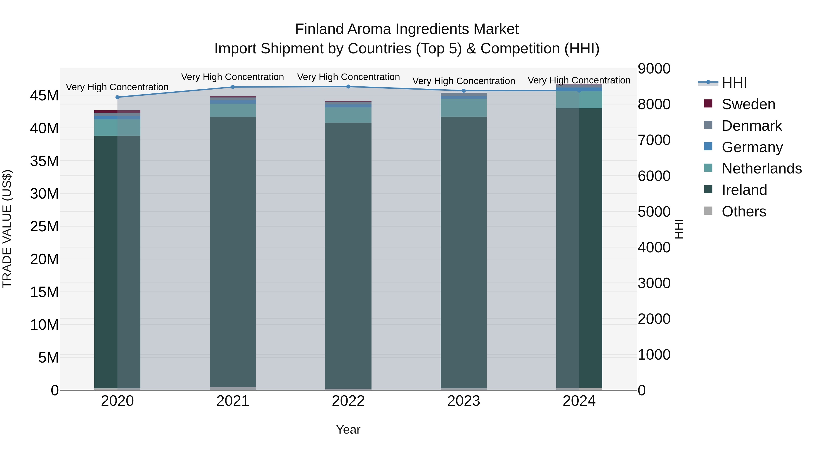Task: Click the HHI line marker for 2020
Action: [117, 97]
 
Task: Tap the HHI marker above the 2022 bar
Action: [348, 87]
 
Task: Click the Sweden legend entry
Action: [748, 104]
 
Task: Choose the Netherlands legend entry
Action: [761, 168]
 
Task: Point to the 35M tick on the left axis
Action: [44, 161]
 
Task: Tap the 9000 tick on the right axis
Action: [654, 69]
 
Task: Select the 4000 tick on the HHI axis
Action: [654, 247]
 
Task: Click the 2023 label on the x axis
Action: [464, 401]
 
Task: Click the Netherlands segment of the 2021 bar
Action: [233, 110]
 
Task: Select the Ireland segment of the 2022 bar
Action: [348, 253]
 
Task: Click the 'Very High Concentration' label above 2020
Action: [117, 87]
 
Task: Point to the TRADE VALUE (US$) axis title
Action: [7, 229]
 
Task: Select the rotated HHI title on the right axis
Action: [679, 229]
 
